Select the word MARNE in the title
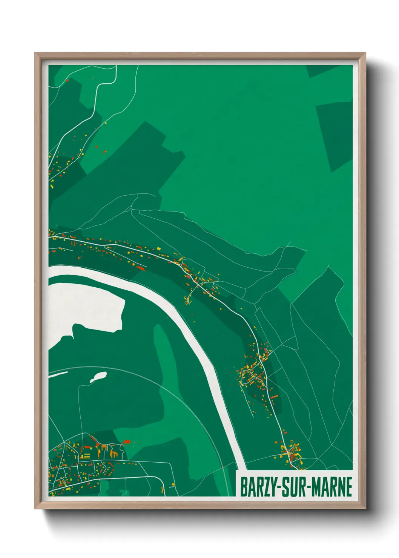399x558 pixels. point(332,487)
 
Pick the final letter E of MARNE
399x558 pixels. point(348,487)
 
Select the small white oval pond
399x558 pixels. point(98,376)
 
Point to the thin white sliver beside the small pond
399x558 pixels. point(58,374)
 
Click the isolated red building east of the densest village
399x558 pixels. point(126,441)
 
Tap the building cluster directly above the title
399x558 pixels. point(290,454)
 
